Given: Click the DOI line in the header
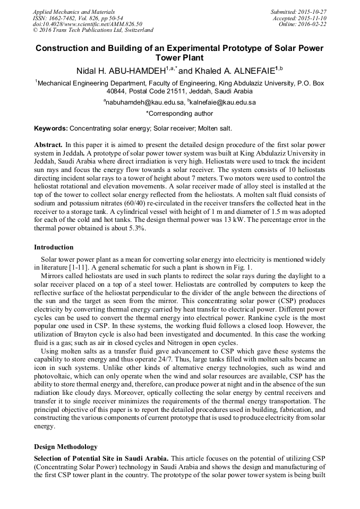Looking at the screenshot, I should tap(88, 24).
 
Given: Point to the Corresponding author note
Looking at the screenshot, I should tap(179, 113).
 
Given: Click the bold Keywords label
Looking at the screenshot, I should tap(51, 128).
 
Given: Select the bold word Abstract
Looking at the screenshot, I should tap(48, 144).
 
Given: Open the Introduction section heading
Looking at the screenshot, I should tap(54, 247).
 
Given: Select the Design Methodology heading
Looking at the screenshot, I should tap(66, 446).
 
